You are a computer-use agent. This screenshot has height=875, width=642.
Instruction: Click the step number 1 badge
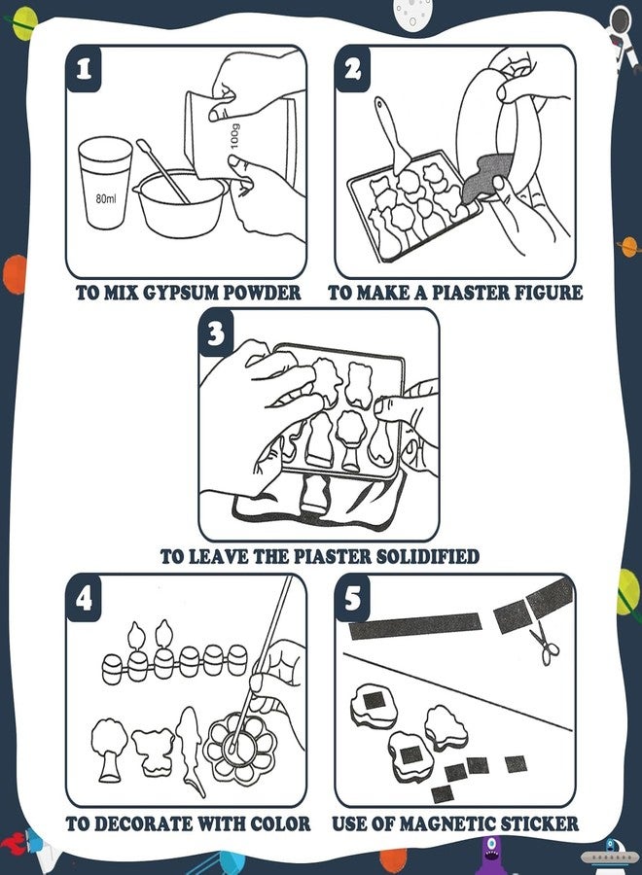(84, 69)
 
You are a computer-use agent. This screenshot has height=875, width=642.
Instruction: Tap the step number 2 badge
(352, 69)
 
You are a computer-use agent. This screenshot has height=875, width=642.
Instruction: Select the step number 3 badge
(216, 333)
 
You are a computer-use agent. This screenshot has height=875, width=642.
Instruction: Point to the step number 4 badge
(84, 599)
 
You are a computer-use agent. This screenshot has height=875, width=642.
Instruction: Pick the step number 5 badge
(352, 599)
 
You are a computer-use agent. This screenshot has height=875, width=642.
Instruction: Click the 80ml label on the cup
(106, 198)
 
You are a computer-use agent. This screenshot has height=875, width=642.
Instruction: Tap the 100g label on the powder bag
(234, 136)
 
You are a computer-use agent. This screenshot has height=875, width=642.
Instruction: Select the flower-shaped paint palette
(240, 746)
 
